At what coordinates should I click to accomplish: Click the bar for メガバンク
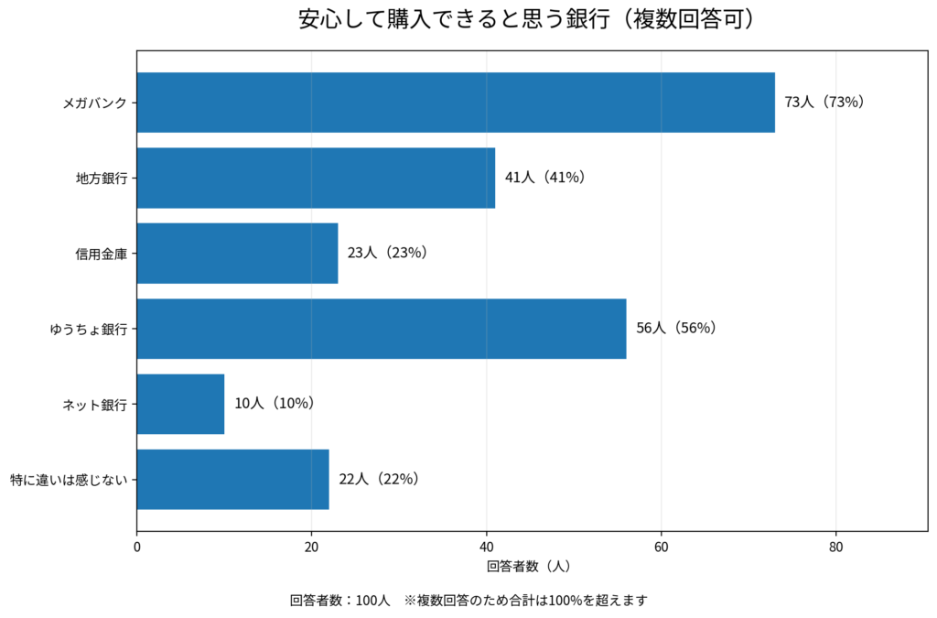456,103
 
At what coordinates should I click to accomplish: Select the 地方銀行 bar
316,179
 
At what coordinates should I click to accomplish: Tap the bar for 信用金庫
237,254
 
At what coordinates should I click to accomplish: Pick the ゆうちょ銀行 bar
382,329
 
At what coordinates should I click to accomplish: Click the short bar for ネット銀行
180,404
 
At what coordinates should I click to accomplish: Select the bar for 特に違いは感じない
233,480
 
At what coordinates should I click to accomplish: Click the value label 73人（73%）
824,103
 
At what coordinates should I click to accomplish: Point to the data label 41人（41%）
545,178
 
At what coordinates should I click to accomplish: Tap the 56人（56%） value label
676,328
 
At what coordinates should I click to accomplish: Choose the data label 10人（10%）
275,404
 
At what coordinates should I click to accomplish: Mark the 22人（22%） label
379,480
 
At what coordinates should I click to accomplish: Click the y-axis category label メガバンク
95,103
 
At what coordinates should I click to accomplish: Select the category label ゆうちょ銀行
89,330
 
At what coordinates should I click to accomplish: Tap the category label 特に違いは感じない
70,480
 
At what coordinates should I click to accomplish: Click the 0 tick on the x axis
137,547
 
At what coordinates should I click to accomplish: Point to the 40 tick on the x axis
487,547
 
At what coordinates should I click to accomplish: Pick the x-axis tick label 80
836,547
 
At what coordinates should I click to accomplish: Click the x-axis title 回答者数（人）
529,566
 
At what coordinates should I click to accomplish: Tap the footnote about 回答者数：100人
468,600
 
